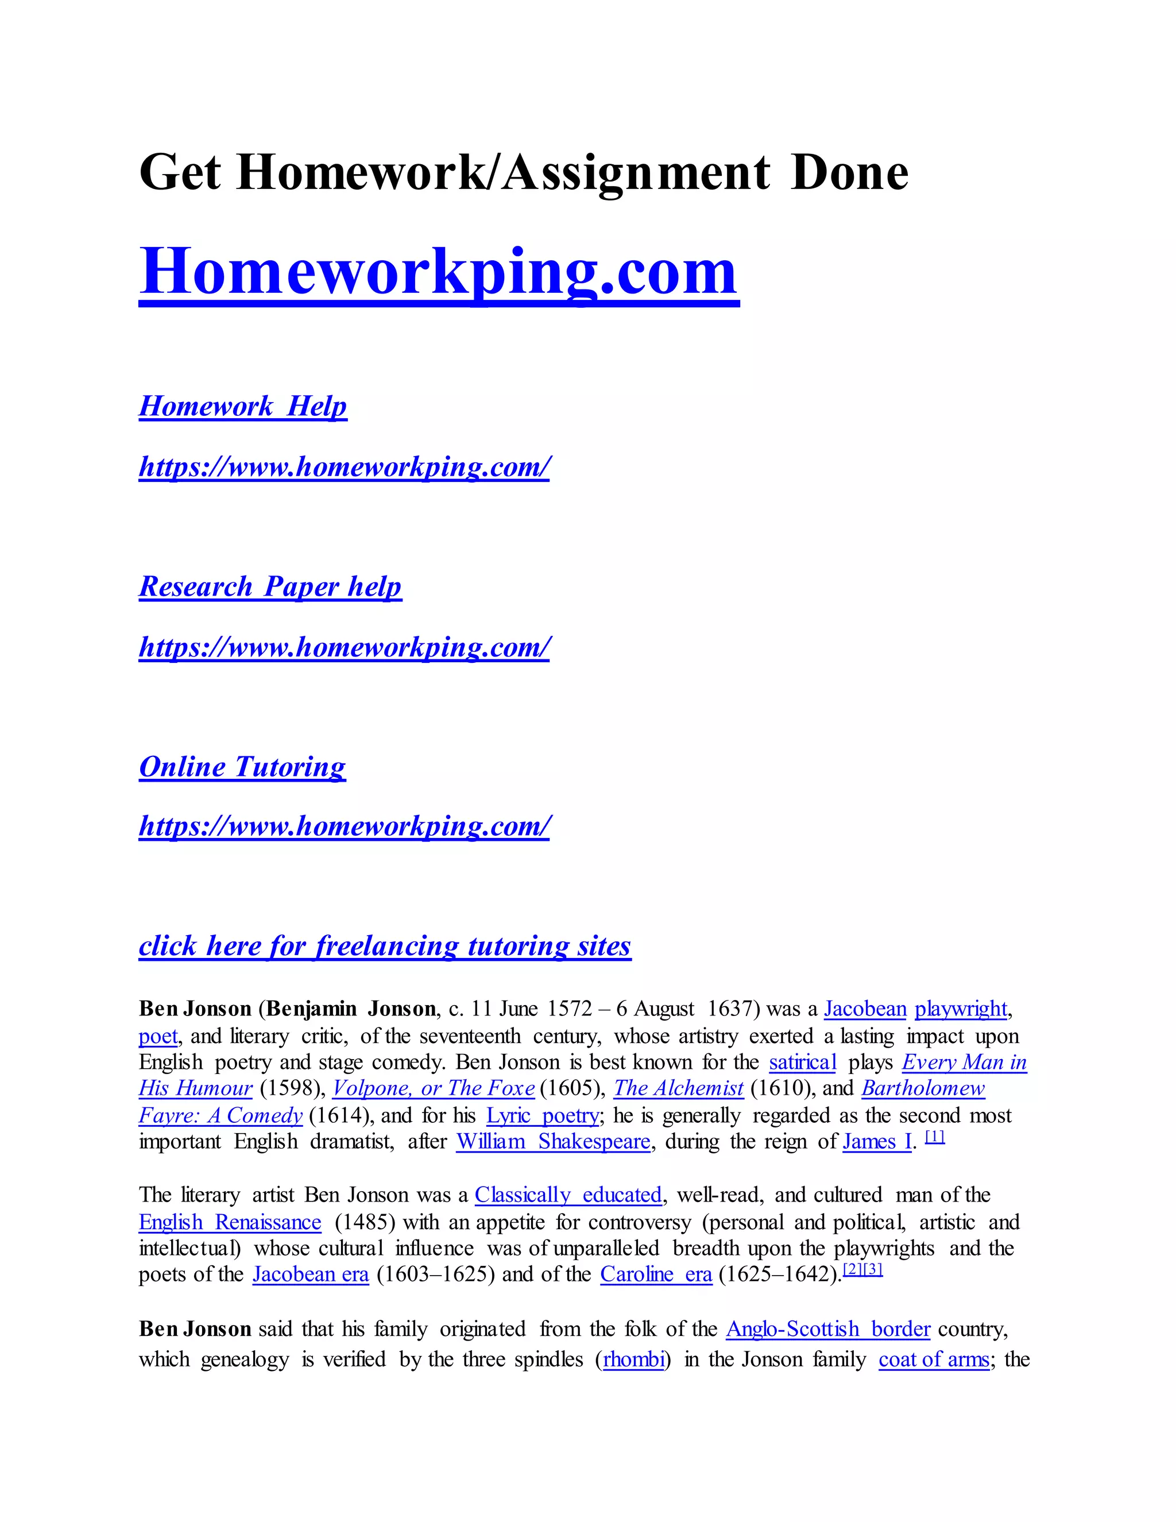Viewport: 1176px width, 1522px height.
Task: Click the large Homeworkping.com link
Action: click(438, 272)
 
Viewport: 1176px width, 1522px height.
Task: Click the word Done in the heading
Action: click(849, 173)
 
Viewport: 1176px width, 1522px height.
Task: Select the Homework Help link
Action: click(242, 406)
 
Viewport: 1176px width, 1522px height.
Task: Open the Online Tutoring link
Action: click(242, 767)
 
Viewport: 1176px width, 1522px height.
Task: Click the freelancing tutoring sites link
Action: click(385, 946)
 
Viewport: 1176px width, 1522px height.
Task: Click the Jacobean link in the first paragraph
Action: click(865, 1009)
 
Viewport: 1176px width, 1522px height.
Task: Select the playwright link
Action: click(960, 1009)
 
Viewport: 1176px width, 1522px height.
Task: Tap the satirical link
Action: click(802, 1062)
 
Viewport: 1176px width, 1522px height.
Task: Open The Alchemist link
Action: click(678, 1088)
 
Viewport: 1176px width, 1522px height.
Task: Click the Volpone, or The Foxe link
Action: click(434, 1088)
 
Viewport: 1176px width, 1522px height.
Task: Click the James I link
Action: click(876, 1142)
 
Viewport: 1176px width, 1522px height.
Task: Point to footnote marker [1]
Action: click(934, 1137)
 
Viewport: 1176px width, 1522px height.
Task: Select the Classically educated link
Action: click(568, 1195)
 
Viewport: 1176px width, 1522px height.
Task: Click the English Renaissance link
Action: click(230, 1222)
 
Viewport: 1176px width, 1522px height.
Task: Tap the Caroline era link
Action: click(656, 1274)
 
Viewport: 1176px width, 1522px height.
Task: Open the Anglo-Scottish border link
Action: click(827, 1329)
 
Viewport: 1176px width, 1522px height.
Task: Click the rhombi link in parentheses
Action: click(633, 1359)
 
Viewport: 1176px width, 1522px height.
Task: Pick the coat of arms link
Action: click(934, 1359)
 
